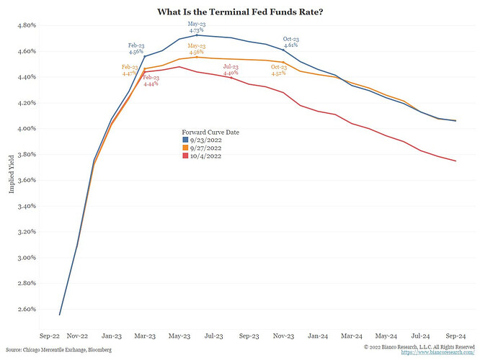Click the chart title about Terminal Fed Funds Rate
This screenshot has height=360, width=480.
click(x=240, y=12)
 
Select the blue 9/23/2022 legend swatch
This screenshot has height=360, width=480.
click(x=185, y=140)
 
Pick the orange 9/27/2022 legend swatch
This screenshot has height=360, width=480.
click(x=185, y=148)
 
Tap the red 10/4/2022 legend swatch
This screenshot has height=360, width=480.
click(x=185, y=156)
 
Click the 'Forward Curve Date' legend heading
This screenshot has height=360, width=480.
click(x=210, y=132)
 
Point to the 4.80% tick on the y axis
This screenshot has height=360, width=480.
click(x=27, y=25)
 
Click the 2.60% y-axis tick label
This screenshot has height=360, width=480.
click(x=27, y=309)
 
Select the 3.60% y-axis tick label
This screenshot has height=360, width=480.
click(x=27, y=180)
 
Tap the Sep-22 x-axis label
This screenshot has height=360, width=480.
click(x=50, y=336)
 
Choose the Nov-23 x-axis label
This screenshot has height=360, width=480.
click(x=283, y=336)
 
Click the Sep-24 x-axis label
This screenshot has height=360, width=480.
click(x=455, y=336)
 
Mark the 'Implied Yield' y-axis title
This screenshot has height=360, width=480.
click(x=12, y=174)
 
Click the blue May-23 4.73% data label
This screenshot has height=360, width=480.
click(x=197, y=27)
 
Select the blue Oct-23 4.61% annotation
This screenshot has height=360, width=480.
click(x=291, y=42)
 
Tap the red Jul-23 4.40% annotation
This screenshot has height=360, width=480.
click(x=231, y=70)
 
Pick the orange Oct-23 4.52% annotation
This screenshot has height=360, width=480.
click(x=279, y=70)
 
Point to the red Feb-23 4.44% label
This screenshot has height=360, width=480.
click(x=151, y=81)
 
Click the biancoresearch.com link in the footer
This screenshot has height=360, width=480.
click(x=437, y=352)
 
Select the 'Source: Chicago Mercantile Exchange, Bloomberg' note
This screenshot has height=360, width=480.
click(x=58, y=350)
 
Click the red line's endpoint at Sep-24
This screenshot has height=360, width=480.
click(x=455, y=161)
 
